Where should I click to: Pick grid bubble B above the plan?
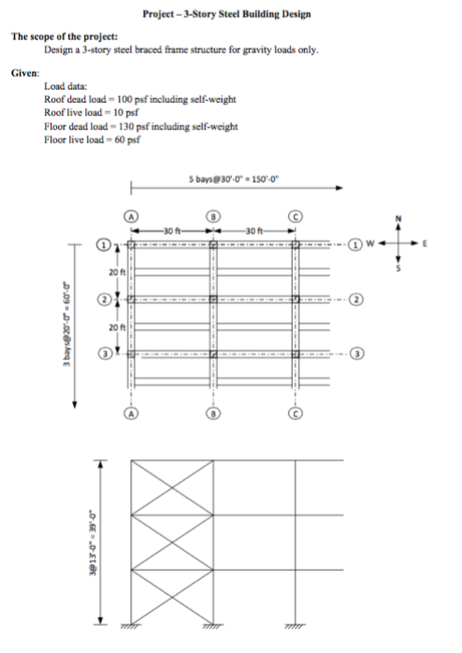tap(213, 214)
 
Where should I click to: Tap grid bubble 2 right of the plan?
tap(356, 299)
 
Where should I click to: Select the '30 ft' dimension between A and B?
tap(170, 231)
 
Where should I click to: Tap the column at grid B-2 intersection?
tap(213, 299)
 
